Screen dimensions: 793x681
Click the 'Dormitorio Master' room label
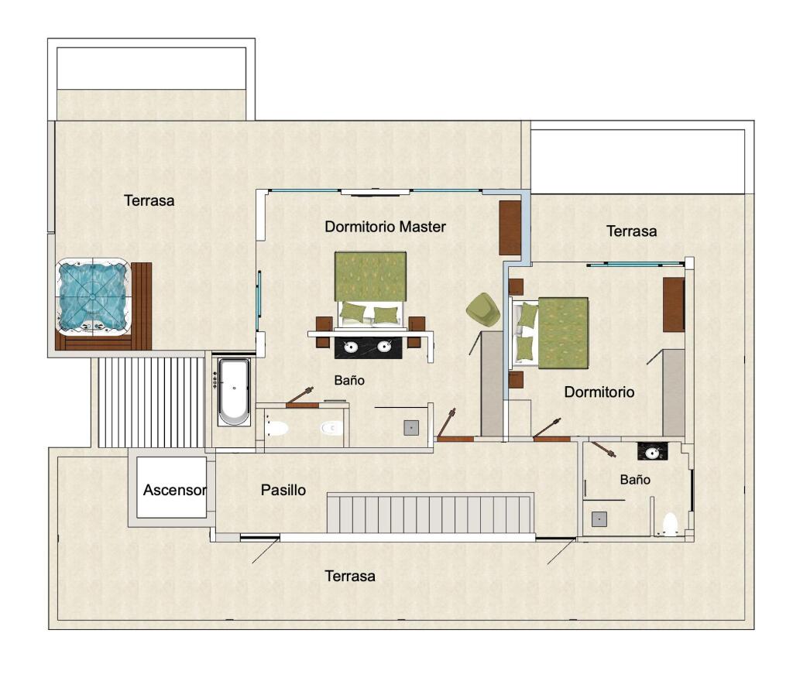(385, 227)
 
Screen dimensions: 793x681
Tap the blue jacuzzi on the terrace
(93, 297)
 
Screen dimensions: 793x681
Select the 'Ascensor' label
(174, 490)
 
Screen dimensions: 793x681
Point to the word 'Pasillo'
(283, 490)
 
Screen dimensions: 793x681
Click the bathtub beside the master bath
(234, 392)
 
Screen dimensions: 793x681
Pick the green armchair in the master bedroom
(483, 308)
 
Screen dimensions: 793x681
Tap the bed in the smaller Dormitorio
(551, 333)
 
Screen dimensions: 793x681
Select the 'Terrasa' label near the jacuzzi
(149, 200)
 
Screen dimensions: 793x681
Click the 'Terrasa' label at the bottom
(350, 576)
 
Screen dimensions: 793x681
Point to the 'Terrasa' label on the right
(632, 231)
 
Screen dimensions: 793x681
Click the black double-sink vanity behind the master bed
(369, 347)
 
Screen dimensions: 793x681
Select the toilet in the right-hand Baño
(670, 525)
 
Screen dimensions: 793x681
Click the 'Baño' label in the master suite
(349, 381)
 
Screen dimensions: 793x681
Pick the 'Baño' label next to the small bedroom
(635, 480)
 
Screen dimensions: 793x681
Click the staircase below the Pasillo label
(430, 514)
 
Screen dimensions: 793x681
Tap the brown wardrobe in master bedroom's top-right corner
(510, 228)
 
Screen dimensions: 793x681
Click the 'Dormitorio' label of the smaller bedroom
(599, 392)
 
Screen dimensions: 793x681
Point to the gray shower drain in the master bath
(411, 428)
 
